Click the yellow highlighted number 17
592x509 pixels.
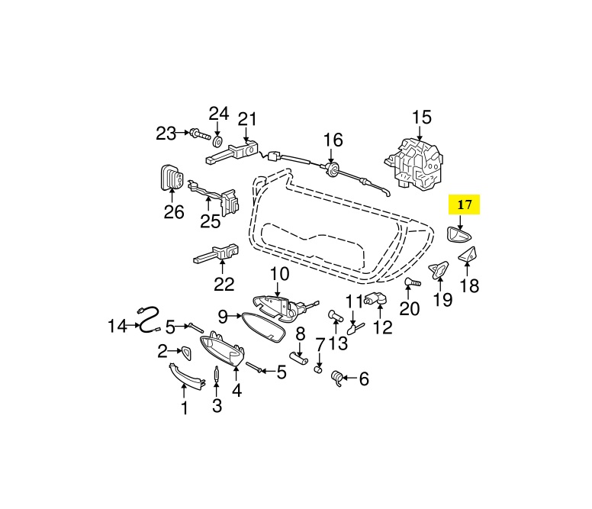[465, 205]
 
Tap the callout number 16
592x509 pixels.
[333, 140]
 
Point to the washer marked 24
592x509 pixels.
[218, 142]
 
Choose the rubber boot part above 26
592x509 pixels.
[173, 180]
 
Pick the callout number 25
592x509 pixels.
[210, 221]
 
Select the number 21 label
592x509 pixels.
[247, 119]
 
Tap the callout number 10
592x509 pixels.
[279, 273]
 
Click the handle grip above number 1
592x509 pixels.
[187, 375]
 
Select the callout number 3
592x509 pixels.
[217, 406]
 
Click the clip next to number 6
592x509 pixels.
[338, 378]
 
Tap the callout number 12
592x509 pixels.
[382, 327]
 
